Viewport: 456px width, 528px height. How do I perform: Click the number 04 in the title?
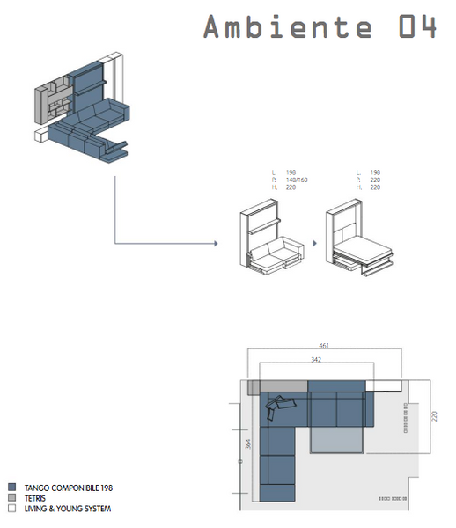click(x=416, y=26)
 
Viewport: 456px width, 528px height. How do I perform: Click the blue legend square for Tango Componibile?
click(x=11, y=487)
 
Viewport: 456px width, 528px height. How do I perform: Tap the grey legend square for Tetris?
click(x=11, y=497)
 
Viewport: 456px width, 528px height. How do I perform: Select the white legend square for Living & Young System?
click(x=11, y=508)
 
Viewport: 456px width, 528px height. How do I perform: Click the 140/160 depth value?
click(x=296, y=180)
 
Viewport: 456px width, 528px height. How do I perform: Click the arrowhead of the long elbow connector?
click(x=215, y=242)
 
